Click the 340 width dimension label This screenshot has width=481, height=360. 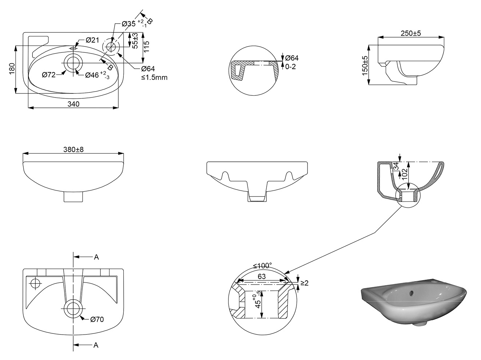(73, 104)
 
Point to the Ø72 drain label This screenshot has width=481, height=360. (49, 75)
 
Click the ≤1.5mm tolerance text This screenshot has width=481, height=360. (154, 77)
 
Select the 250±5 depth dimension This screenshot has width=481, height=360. (411, 33)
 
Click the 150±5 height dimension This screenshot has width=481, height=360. (365, 65)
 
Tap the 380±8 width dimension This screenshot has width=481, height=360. (73, 149)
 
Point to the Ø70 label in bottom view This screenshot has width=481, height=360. (97, 320)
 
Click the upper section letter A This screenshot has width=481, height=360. (96, 257)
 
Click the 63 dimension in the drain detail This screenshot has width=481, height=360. (262, 276)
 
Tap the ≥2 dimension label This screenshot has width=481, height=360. (305, 283)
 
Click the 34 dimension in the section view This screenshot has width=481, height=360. (395, 167)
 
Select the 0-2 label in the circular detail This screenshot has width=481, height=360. (291, 67)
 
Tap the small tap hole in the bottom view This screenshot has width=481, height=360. (36, 283)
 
